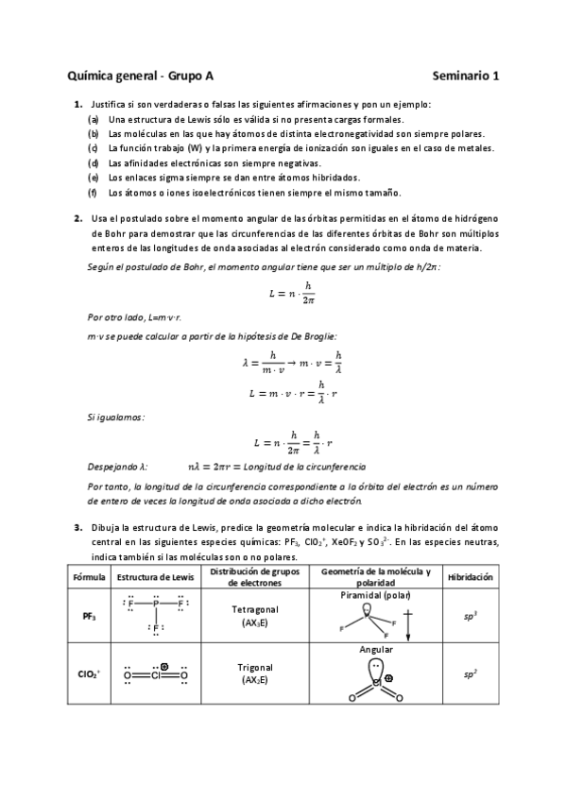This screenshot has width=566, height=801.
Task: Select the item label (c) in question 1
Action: (x=93, y=148)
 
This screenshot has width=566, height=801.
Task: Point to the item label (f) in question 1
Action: (x=93, y=193)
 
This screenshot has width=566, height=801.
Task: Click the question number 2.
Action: (x=78, y=218)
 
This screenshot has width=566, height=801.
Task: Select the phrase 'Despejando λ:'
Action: (x=118, y=467)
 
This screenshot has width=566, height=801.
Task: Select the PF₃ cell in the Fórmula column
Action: (x=87, y=616)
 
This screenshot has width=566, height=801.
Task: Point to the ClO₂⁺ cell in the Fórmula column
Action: (x=87, y=674)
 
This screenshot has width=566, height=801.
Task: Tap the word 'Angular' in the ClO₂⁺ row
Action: (x=376, y=650)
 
